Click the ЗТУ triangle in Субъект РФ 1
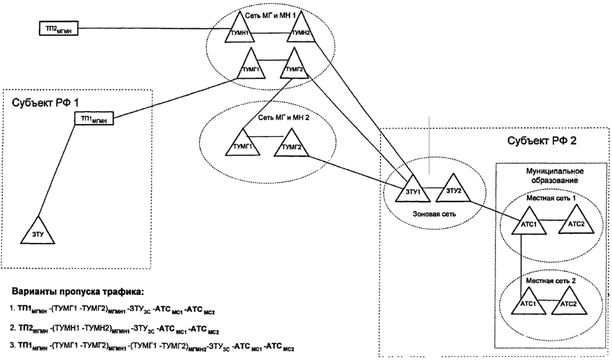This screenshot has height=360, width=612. (38, 231)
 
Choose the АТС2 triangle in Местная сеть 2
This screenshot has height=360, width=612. (570, 304)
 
